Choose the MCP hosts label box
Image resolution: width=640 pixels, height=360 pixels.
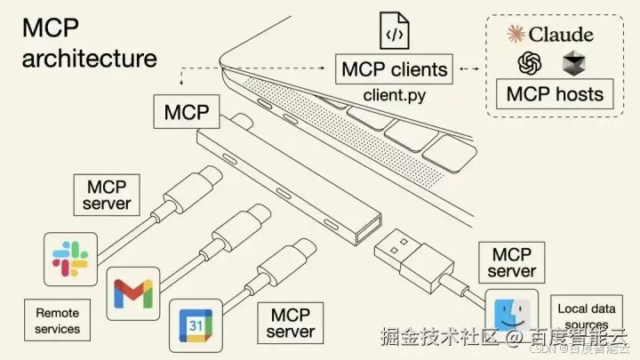coord(554,93)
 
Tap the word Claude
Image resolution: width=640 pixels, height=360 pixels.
coord(560,34)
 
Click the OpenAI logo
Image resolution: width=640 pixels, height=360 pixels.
coord(531,63)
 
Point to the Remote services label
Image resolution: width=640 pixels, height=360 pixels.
coord(58,321)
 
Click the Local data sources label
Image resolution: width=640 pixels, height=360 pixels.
coord(587,316)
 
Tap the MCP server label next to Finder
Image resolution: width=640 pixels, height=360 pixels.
coord(511,262)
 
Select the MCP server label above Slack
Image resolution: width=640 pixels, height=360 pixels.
coord(107,195)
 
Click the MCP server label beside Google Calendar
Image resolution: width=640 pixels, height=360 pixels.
coord(290,324)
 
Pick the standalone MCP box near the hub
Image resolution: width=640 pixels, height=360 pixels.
coord(186,113)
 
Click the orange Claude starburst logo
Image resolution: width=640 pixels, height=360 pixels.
coord(516,34)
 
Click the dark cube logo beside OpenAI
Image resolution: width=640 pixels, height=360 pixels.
coord(574,64)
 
